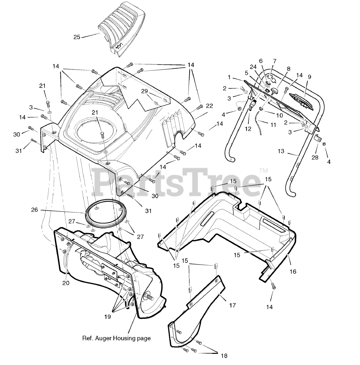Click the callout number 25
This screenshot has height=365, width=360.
77,37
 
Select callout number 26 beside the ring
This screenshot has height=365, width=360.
35,210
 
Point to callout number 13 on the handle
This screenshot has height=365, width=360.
281,151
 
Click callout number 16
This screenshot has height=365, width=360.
293,271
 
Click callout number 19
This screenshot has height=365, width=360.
108,317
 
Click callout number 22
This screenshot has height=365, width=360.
209,106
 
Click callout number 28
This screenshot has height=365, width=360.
315,157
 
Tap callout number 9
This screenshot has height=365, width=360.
309,77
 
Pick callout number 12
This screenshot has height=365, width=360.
248,129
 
